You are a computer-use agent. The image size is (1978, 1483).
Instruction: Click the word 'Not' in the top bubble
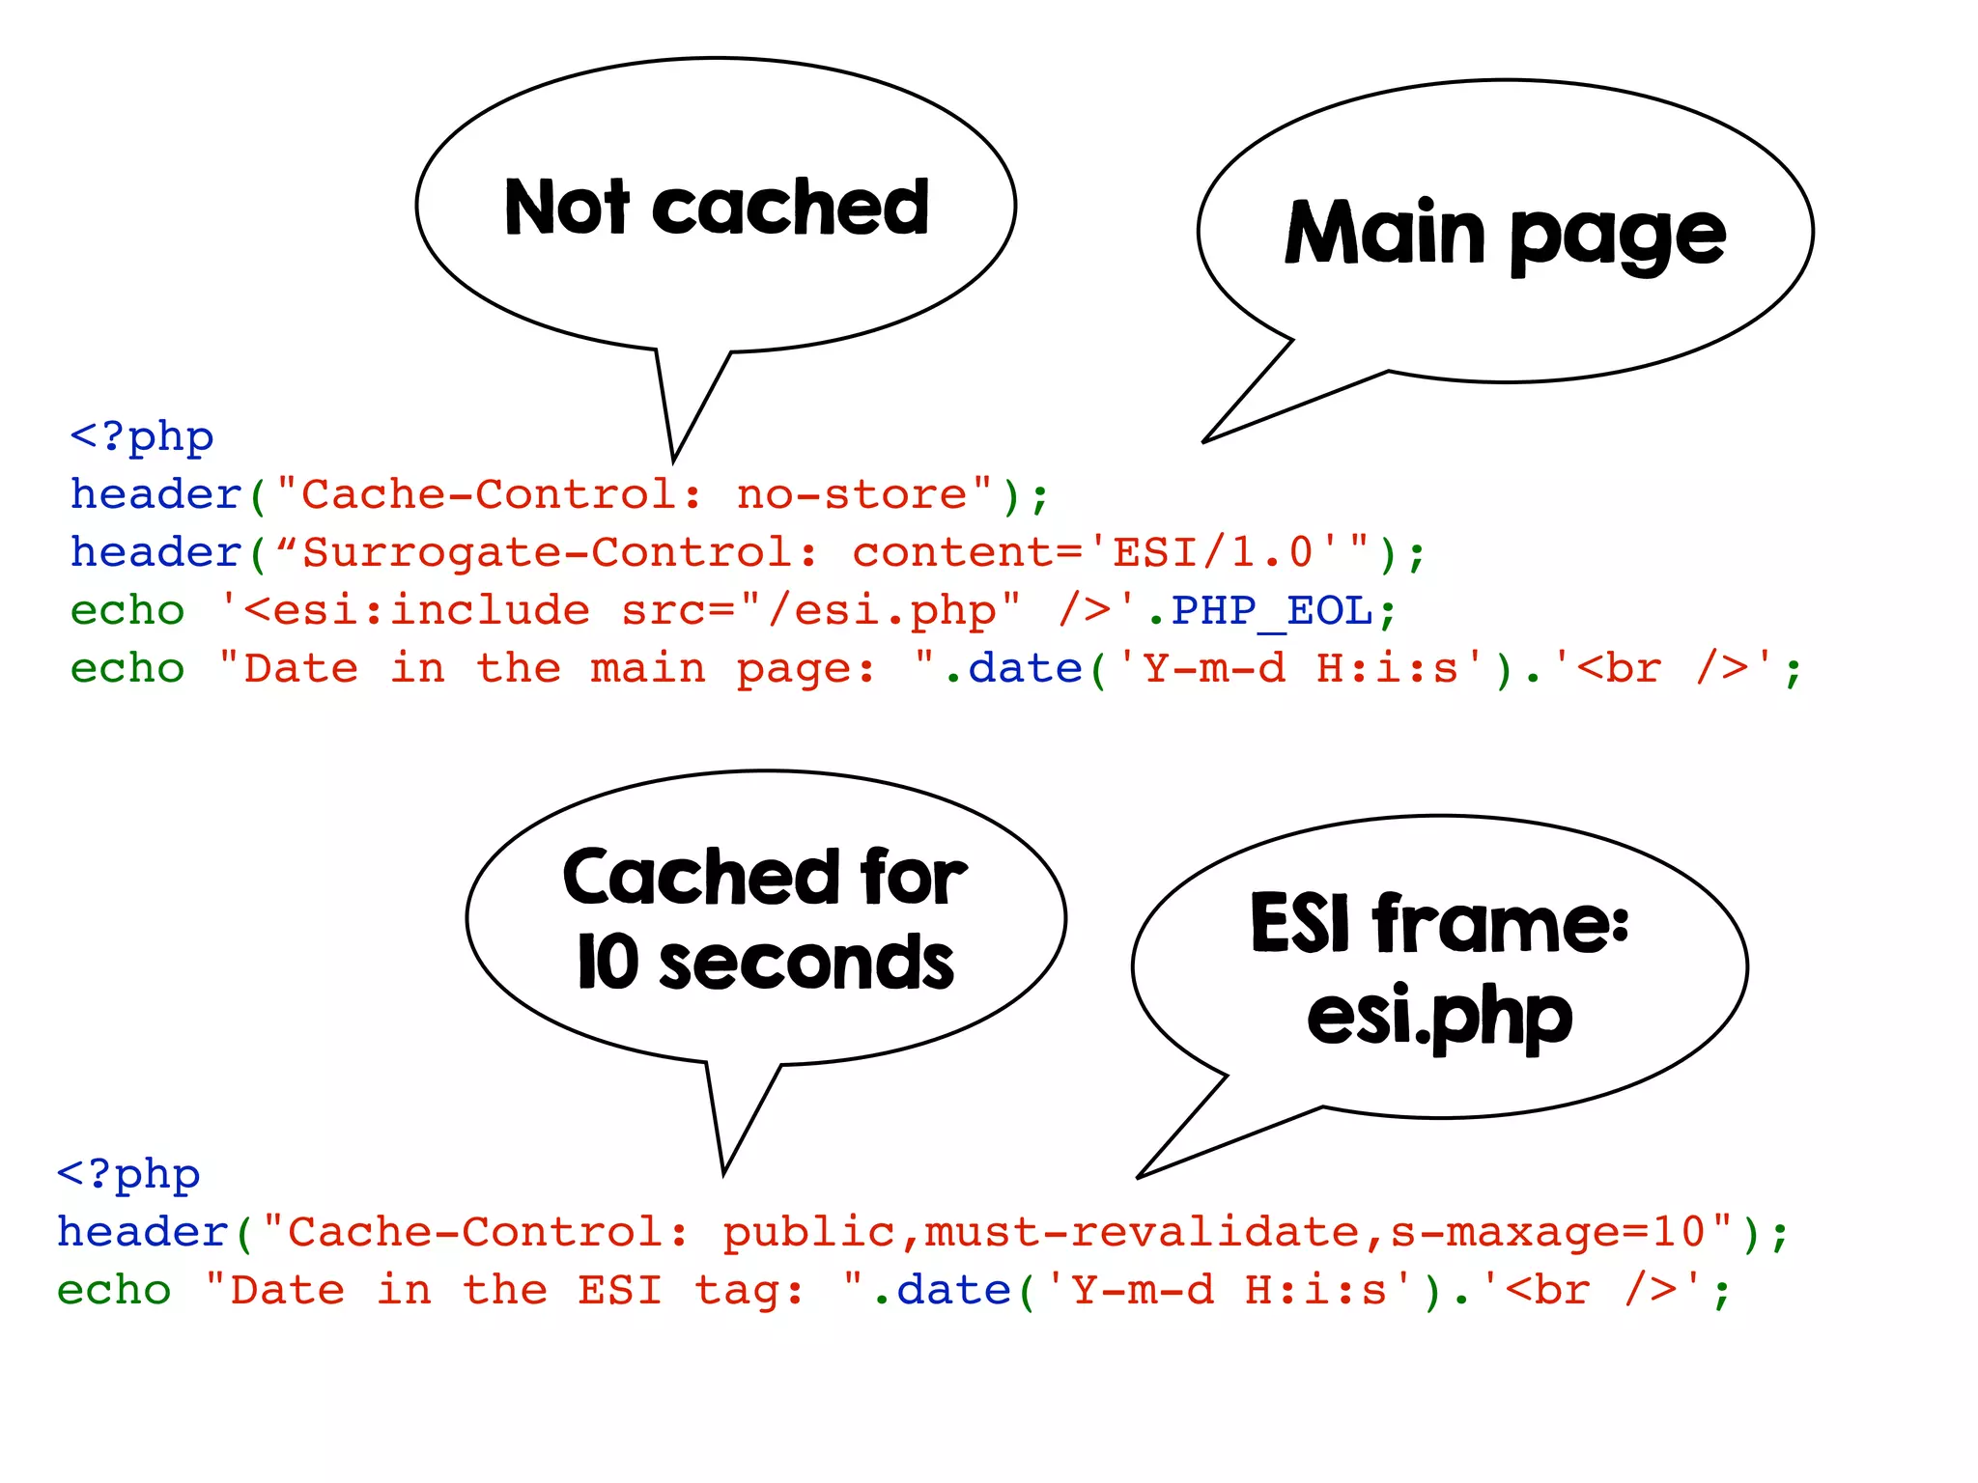[567, 208]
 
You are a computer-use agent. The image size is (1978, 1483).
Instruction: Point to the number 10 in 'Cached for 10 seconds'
[608, 963]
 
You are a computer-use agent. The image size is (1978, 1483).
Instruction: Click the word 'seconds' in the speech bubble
[806, 963]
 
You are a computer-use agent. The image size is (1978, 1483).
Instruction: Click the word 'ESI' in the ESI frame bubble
[1299, 923]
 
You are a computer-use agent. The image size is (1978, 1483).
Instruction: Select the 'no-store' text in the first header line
[851, 495]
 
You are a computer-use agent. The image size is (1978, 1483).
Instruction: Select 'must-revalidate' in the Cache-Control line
[1143, 1233]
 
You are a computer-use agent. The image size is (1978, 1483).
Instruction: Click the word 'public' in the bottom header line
[808, 1233]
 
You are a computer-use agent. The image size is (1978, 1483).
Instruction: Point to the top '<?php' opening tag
[141, 437]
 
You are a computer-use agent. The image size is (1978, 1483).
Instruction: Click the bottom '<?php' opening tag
[128, 1175]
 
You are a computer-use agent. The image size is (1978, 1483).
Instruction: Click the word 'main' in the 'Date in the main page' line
[647, 669]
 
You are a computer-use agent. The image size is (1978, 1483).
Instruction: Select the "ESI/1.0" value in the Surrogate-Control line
[1212, 553]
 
